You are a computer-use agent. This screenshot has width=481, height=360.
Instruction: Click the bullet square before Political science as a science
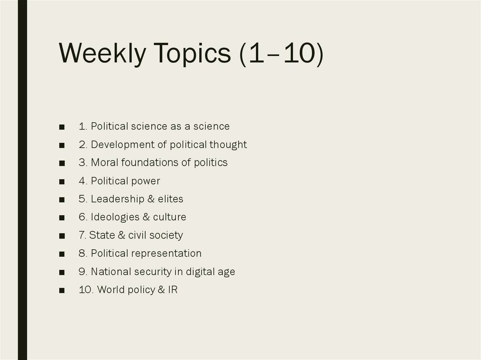62,127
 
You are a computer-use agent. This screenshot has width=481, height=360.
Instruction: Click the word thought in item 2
228,145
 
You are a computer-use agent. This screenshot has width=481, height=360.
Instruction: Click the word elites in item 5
171,199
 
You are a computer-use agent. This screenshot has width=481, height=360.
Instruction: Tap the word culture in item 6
170,217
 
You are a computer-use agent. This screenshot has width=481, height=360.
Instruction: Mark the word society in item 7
167,235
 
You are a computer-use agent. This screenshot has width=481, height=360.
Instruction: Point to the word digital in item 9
198,272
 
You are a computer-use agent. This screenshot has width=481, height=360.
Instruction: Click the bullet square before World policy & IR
62,290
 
